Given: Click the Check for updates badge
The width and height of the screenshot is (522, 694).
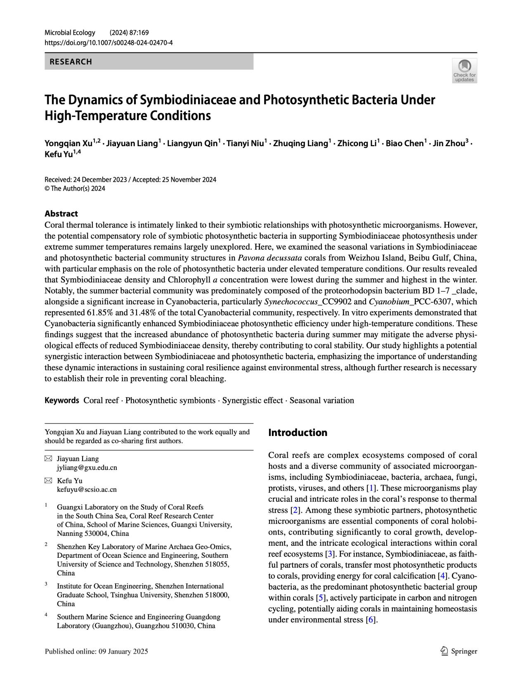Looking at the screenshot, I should click(x=465, y=71).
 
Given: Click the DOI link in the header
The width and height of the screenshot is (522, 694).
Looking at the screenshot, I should click(x=109, y=43).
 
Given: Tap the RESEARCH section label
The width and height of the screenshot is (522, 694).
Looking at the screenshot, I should click(x=71, y=62).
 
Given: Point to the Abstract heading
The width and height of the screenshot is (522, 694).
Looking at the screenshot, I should click(x=61, y=213).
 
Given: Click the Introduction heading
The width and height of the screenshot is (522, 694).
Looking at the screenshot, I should click(x=298, y=433).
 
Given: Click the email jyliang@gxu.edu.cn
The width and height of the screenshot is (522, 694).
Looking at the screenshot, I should click(x=87, y=468).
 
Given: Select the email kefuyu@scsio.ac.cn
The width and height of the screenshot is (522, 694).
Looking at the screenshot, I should click(x=87, y=490).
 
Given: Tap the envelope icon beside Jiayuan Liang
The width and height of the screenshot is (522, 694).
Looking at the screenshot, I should click(x=48, y=459).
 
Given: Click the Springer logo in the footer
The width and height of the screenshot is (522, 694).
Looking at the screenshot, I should click(x=459, y=651).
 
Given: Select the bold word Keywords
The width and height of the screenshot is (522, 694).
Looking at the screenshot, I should click(x=61, y=400).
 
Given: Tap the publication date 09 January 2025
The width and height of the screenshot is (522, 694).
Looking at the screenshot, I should click(x=123, y=651).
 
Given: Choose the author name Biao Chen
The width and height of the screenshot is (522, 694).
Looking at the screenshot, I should click(x=404, y=144).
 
